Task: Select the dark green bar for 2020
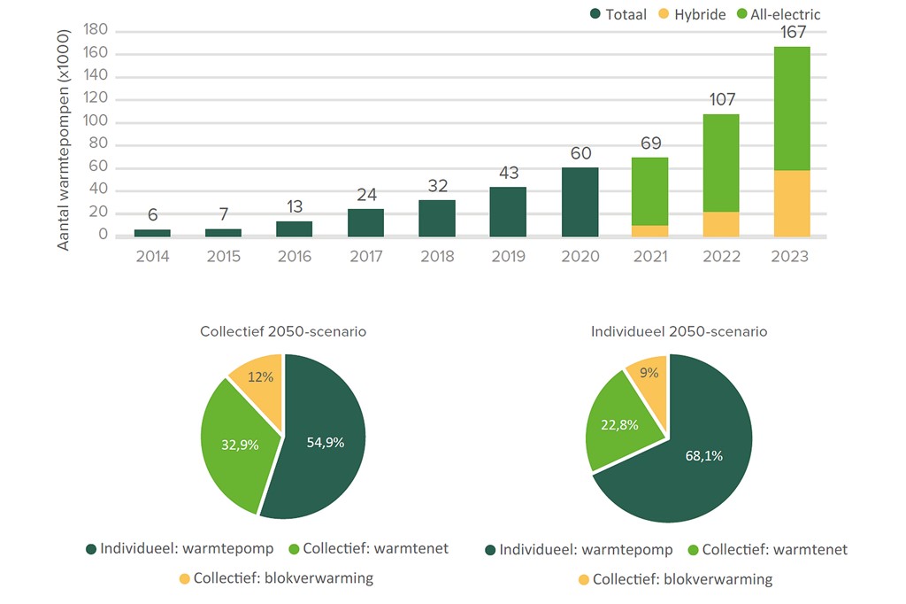(x=580, y=202)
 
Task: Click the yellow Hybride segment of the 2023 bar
(x=792, y=203)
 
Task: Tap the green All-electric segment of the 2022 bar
(x=721, y=163)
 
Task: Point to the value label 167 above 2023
(x=792, y=33)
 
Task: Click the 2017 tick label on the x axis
(x=365, y=257)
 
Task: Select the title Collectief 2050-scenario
(x=283, y=332)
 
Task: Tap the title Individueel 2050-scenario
(x=679, y=332)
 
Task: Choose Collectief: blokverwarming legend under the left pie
(x=275, y=578)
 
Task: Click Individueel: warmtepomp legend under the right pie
(x=580, y=550)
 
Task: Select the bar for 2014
(x=152, y=232)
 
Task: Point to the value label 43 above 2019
(x=508, y=174)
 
